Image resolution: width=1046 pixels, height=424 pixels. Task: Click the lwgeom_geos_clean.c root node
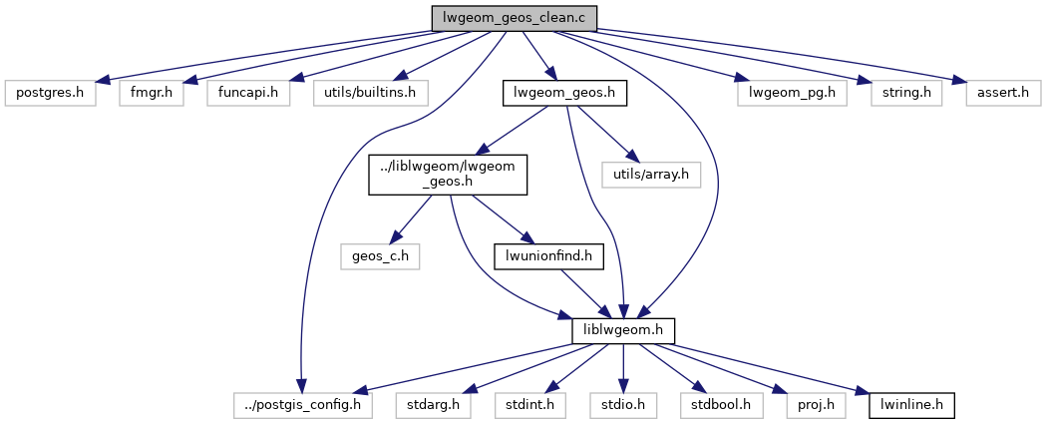click(x=514, y=18)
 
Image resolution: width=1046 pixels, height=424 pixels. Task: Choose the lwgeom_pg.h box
click(x=792, y=94)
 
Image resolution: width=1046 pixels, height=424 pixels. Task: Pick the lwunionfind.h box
click(x=548, y=255)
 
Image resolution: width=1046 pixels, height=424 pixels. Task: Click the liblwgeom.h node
click(x=624, y=330)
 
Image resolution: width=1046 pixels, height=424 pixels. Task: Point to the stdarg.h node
click(x=439, y=406)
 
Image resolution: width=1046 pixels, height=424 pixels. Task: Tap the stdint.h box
click(x=526, y=406)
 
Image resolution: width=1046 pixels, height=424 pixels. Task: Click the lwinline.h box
click(x=912, y=406)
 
